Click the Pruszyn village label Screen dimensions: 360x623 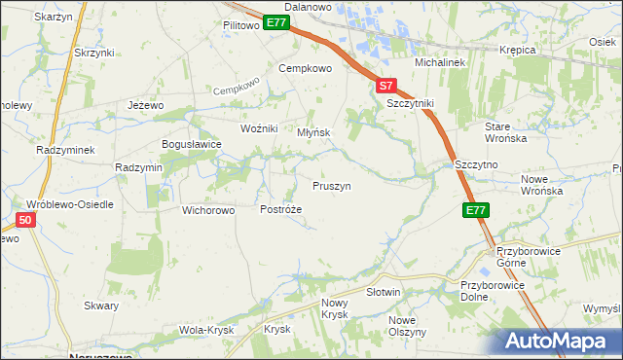click(331, 185)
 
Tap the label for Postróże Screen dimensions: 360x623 click(281, 209)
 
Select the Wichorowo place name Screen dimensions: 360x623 click(209, 209)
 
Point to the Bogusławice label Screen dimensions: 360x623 click(192, 144)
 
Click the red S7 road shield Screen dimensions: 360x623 click(386, 86)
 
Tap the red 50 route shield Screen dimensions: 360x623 click(26, 221)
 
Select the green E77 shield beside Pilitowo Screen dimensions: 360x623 click(276, 22)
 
